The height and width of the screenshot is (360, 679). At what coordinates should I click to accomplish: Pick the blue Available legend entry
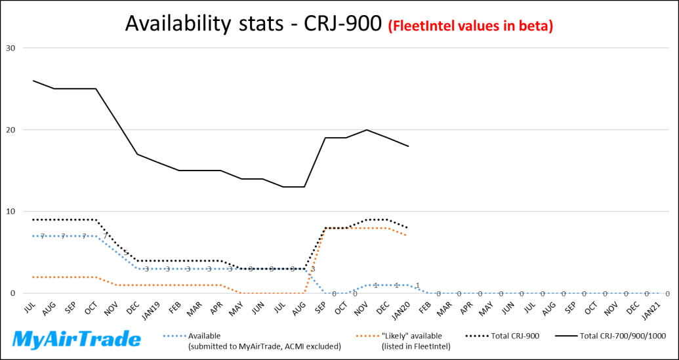[256, 340]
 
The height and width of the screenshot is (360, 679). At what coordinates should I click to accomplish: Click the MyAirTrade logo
[77, 339]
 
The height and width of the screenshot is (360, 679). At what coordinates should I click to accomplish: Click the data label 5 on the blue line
[126, 253]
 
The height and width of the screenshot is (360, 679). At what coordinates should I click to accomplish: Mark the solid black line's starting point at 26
[33, 81]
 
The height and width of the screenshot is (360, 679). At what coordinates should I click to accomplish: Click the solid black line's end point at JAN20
[408, 146]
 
